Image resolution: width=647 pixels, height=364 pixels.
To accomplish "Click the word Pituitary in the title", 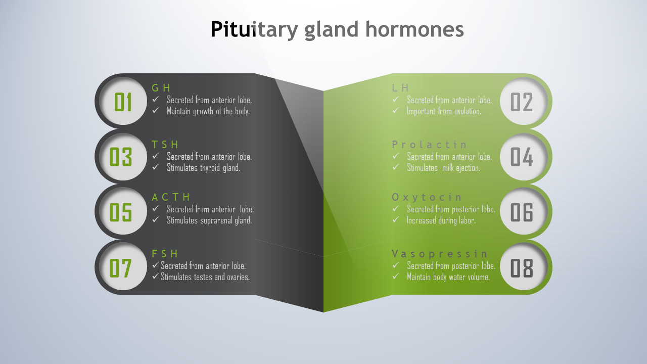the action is click(x=254, y=30).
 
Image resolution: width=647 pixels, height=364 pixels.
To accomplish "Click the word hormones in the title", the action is click(x=414, y=29).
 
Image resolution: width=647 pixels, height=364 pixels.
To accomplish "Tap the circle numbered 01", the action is click(x=123, y=101).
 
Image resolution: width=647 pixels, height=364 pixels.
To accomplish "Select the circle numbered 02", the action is click(x=524, y=101).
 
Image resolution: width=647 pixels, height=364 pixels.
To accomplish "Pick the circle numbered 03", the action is click(x=123, y=157).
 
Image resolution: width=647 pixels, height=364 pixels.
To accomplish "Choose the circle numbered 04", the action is click(x=524, y=157).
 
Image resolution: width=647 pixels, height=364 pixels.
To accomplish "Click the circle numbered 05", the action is click(x=123, y=211).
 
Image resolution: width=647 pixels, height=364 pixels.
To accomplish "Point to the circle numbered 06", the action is click(x=524, y=211).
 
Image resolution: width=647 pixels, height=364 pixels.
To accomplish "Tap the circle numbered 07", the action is click(x=123, y=266).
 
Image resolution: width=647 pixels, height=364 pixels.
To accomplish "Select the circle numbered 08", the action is click(x=524, y=266).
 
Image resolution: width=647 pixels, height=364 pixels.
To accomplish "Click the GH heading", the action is click(x=161, y=88).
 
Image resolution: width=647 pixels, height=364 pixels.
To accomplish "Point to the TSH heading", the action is click(x=165, y=145).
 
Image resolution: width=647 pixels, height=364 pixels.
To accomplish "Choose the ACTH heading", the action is click(x=171, y=197).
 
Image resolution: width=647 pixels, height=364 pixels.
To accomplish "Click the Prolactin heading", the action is click(x=429, y=145).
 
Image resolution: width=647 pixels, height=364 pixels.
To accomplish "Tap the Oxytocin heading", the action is click(x=427, y=197).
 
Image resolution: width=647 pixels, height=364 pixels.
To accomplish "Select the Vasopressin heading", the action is click(x=440, y=254).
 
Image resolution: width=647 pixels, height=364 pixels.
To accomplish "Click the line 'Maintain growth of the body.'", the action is click(x=208, y=111).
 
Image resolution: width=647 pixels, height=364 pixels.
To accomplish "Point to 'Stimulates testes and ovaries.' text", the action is click(x=205, y=277).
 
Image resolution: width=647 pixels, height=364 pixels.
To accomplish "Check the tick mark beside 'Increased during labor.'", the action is click(x=396, y=219).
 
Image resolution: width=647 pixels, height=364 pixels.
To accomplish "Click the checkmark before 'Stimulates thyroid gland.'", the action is click(x=155, y=167).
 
